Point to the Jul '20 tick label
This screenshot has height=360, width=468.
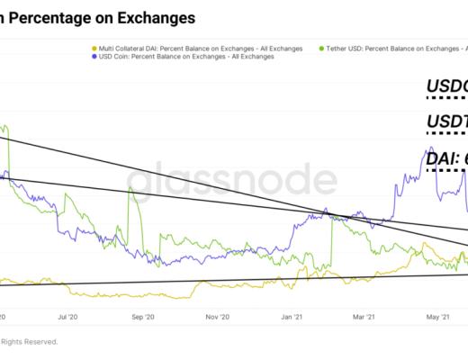coord(67,317)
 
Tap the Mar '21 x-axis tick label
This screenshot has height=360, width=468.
coord(364,317)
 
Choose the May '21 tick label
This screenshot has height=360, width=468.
coord(437,317)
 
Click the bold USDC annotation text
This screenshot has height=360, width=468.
coord(445,88)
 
